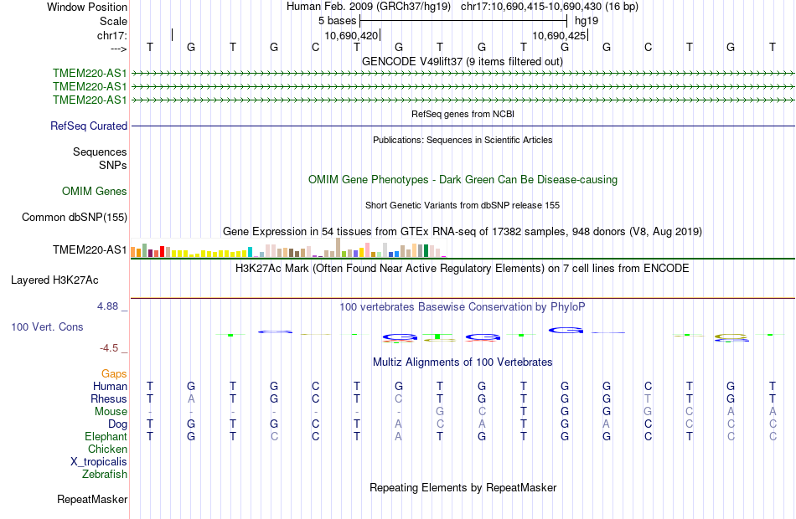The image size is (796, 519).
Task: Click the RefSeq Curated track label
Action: tap(89, 126)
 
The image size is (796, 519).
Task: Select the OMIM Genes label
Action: tap(95, 192)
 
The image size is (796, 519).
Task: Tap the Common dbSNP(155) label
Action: tap(75, 218)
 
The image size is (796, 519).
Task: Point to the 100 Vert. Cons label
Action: tap(47, 326)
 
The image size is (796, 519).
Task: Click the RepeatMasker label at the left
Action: tap(92, 500)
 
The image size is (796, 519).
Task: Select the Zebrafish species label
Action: tap(105, 475)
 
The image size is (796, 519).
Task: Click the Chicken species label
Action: tap(107, 450)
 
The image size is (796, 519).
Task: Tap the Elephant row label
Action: tap(106, 437)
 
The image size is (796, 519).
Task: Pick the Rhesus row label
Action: tap(109, 399)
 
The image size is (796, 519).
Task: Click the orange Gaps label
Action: tap(114, 373)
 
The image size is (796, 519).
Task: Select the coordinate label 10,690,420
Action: tap(351, 36)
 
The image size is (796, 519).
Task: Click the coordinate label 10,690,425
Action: tap(559, 36)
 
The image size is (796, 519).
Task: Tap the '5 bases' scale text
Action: tap(337, 20)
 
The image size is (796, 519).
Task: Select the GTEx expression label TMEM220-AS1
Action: tap(90, 250)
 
